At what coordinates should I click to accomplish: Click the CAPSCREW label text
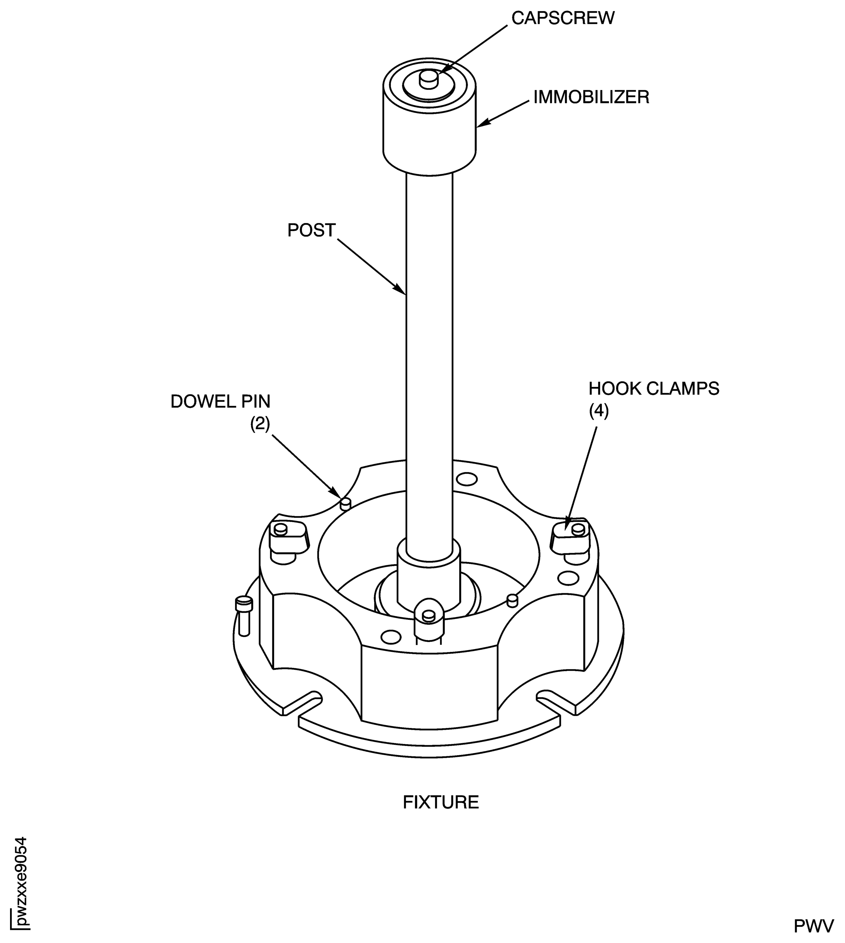[x=563, y=18]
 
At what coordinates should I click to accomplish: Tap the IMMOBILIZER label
[x=591, y=97]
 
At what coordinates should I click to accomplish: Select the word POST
[x=311, y=230]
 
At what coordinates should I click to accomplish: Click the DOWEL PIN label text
[x=220, y=401]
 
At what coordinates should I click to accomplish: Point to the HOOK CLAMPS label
[x=654, y=388]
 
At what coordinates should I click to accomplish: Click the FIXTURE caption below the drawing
[x=440, y=803]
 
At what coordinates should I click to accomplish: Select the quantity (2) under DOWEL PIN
[x=260, y=424]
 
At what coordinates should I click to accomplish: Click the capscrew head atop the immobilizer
[x=428, y=79]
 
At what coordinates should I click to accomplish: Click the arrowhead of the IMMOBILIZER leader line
[x=481, y=124]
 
